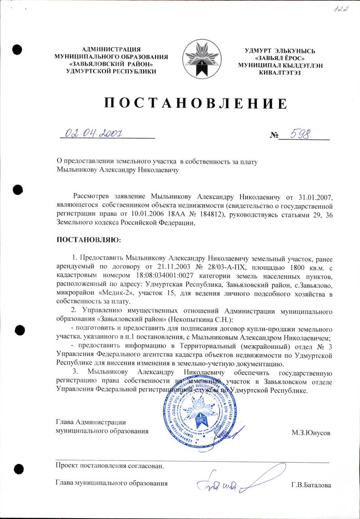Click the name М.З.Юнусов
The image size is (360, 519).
[x=311, y=433]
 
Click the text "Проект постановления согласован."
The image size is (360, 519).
[x=109, y=465]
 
